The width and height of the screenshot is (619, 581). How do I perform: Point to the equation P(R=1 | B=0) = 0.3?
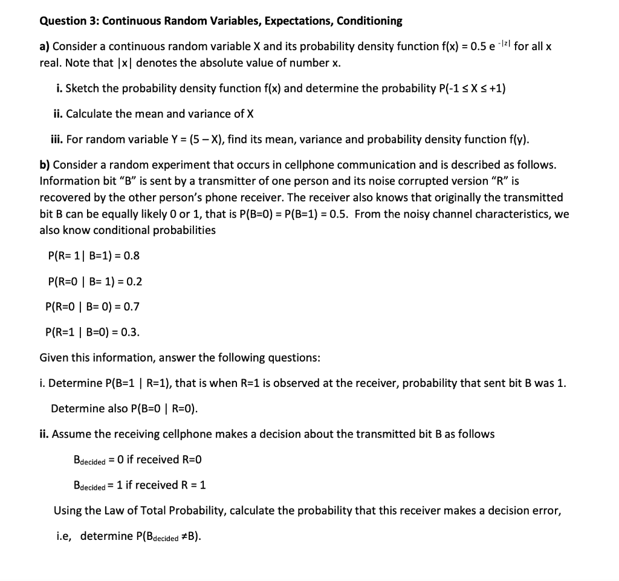(x=93, y=332)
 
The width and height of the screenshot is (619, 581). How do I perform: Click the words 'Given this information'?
(x=96, y=358)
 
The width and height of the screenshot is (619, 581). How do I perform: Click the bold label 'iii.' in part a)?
(x=57, y=140)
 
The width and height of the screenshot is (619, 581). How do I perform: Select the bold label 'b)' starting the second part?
(x=45, y=165)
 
